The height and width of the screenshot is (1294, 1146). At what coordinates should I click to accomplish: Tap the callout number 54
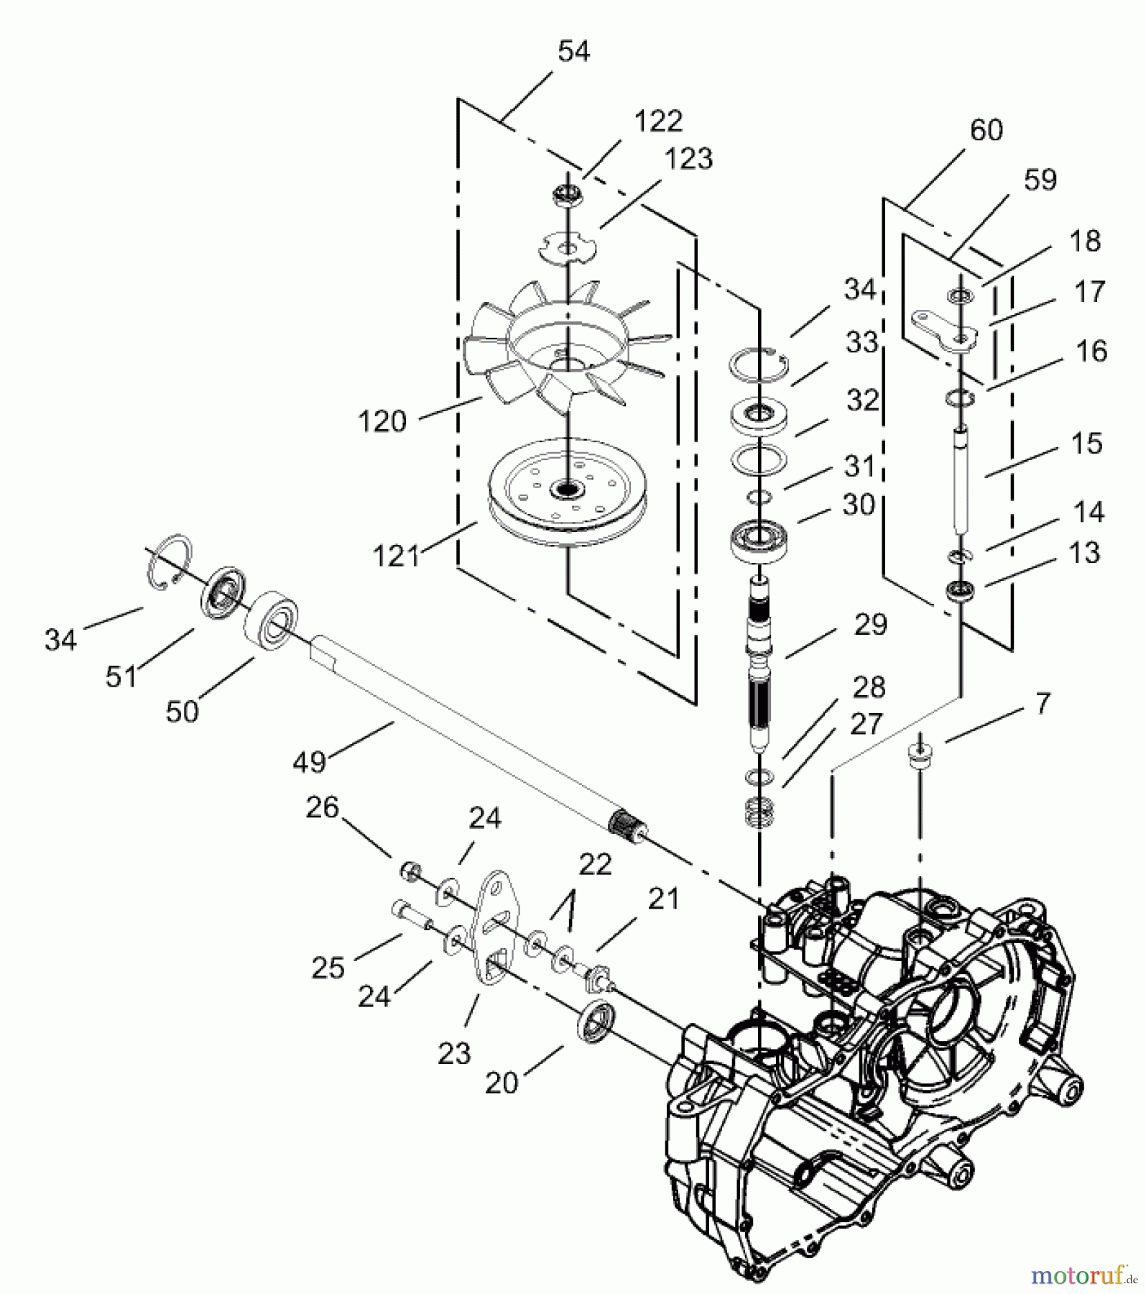click(573, 52)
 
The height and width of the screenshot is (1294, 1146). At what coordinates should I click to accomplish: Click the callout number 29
click(870, 624)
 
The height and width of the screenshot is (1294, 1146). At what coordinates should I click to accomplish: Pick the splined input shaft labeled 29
click(760, 661)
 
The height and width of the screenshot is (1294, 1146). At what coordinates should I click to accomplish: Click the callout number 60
click(986, 130)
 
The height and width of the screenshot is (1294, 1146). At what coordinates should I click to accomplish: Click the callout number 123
click(689, 158)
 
